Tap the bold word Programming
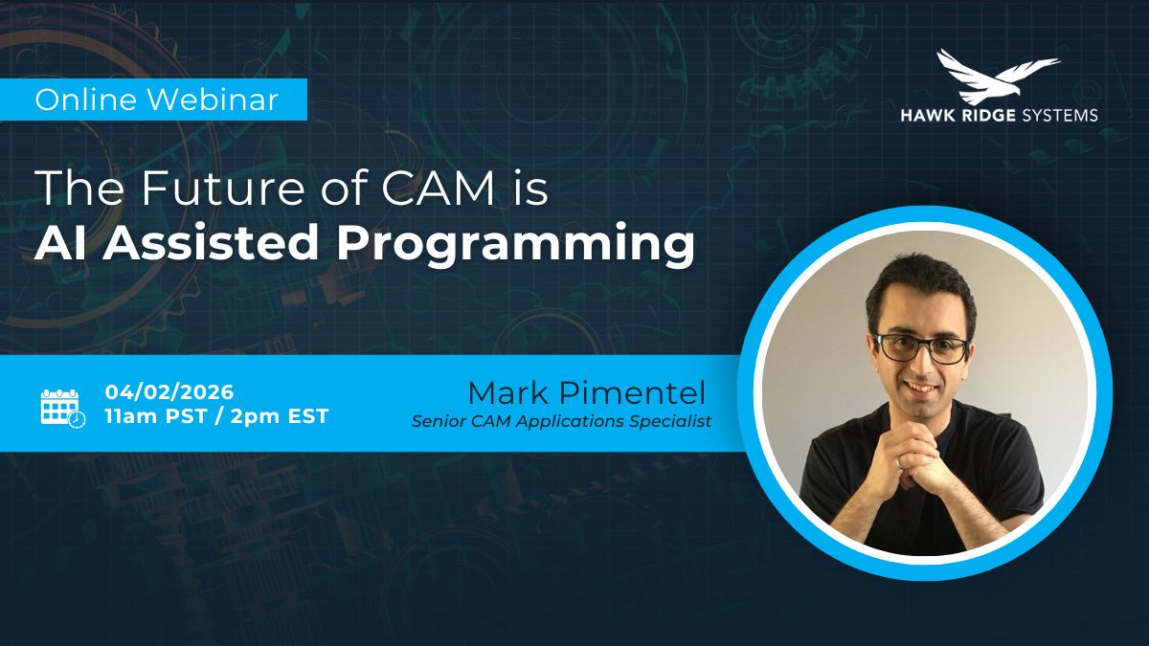(515, 245)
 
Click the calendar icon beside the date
(62, 408)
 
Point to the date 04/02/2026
(169, 392)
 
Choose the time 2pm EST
(279, 416)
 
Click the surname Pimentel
(632, 393)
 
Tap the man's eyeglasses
(922, 347)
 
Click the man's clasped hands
(916, 456)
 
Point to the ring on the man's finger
(898, 463)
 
